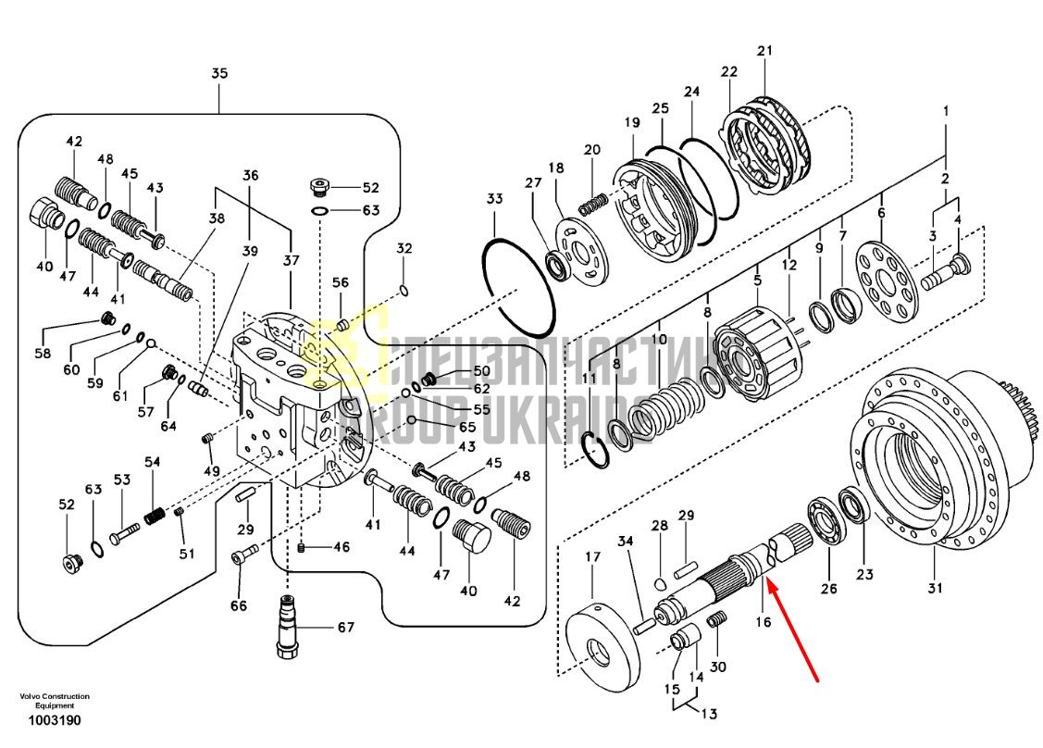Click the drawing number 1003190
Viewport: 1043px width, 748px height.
pos(55,721)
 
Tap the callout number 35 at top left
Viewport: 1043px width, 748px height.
pos(219,73)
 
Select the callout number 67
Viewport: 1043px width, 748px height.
pos(346,627)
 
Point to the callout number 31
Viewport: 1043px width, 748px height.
pos(936,588)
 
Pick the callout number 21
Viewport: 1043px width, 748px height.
pos(765,51)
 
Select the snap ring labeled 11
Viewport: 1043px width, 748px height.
pos(595,449)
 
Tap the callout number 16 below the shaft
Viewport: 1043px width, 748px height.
pos(763,621)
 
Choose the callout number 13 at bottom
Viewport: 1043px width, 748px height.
pos(709,714)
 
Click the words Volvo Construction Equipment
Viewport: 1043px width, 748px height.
pos(55,701)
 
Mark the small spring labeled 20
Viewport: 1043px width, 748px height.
pos(591,204)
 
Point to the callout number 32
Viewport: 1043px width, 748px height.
pos(404,249)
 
